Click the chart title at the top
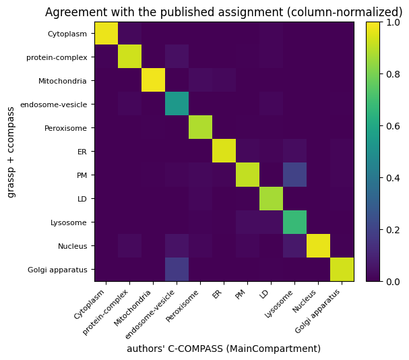point(224,12)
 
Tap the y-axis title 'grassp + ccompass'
point(11,152)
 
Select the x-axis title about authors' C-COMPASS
point(224,349)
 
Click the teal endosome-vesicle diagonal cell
point(177,103)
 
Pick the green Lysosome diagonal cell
point(294,222)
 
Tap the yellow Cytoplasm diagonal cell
point(106,34)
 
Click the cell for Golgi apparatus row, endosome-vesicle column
point(177,269)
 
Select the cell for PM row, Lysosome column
point(294,175)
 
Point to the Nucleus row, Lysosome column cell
point(294,245)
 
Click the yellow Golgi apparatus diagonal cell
point(342,269)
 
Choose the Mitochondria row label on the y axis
point(63,81)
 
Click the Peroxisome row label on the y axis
point(65,128)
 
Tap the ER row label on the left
point(82,152)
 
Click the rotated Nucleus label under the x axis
point(305,301)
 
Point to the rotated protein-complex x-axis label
point(105,312)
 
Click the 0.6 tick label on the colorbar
point(393,126)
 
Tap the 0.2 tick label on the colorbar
point(393,230)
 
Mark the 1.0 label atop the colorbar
point(393,22)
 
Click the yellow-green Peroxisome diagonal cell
point(200,127)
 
